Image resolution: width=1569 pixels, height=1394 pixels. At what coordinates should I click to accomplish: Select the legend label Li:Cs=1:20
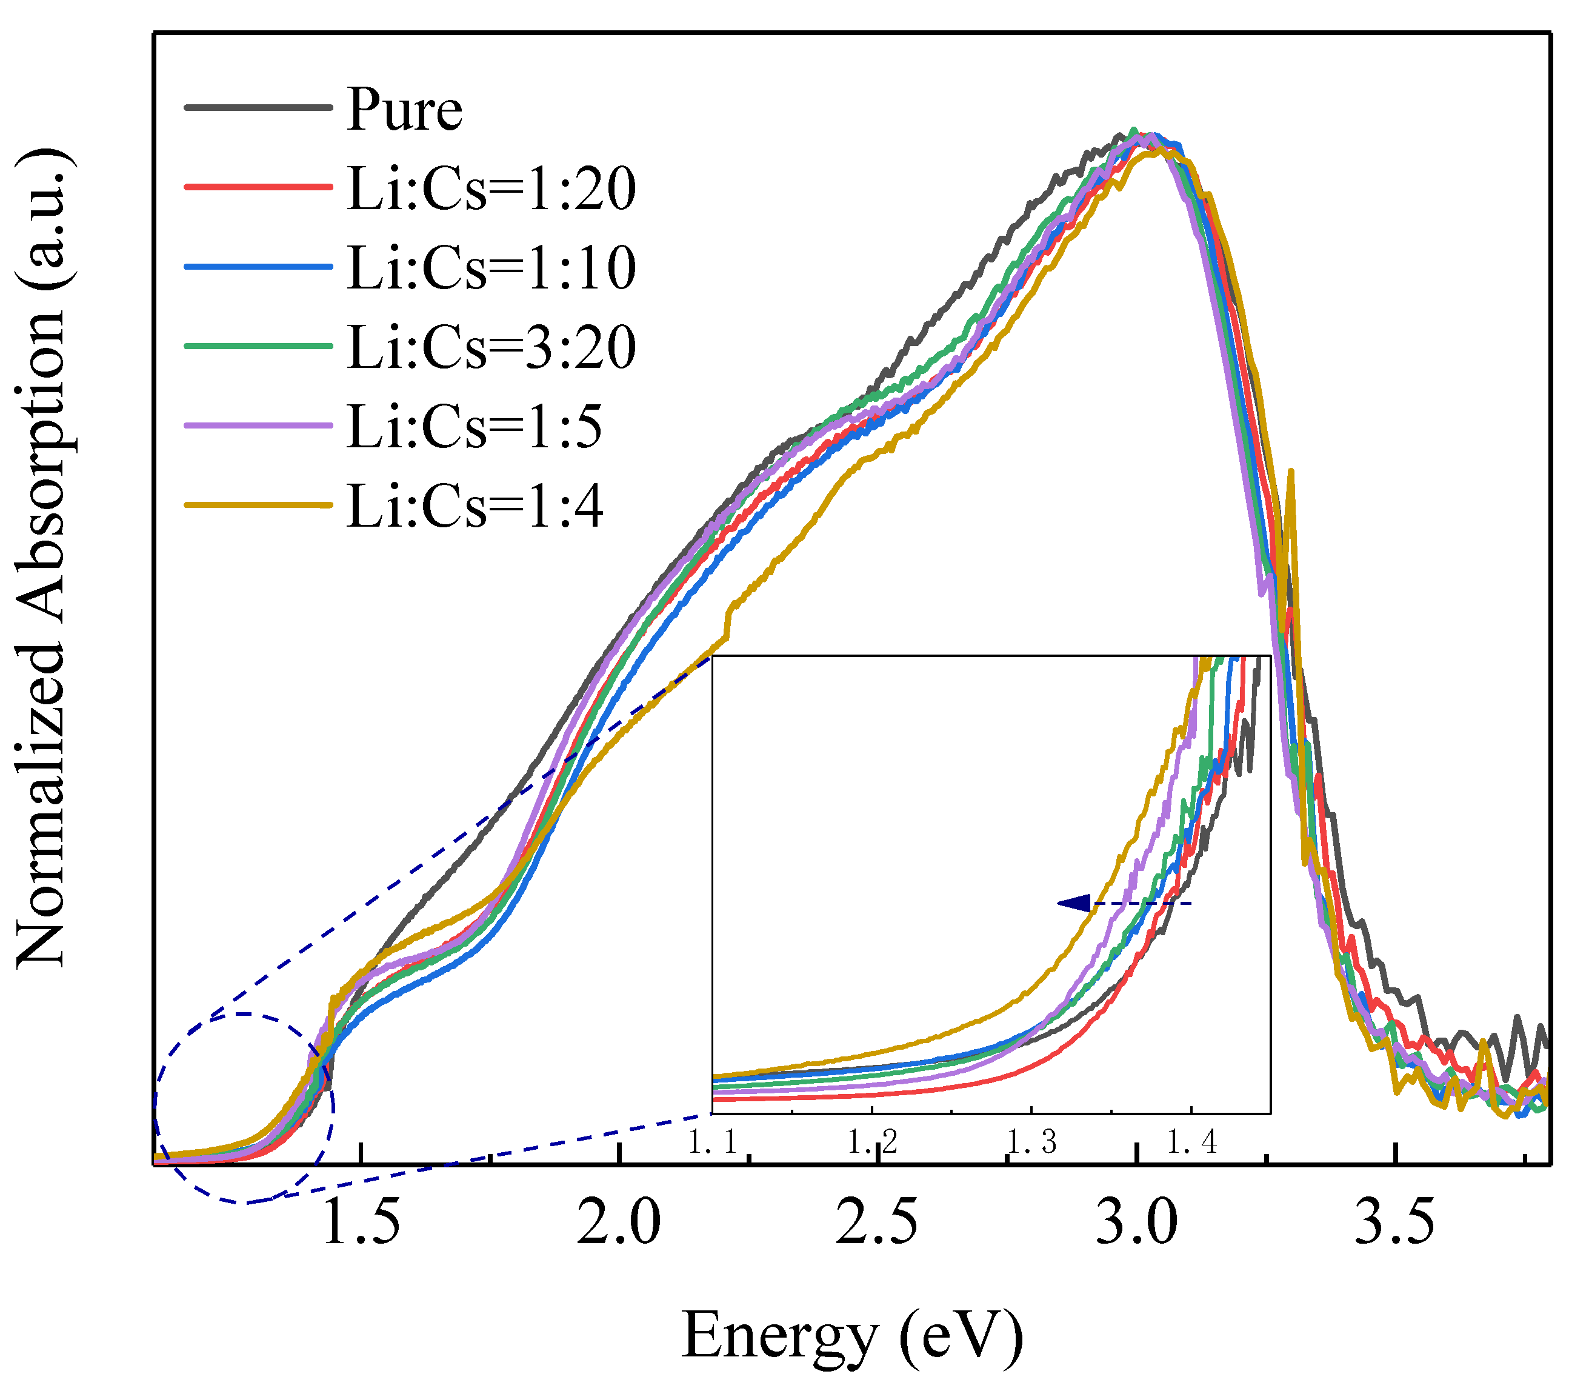coord(491,189)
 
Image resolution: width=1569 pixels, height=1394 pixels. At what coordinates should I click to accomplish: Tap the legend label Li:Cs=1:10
coord(491,268)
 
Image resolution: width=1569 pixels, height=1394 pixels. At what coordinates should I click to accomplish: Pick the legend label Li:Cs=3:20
coord(491,348)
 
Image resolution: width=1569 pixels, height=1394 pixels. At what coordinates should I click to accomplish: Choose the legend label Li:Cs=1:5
coord(475,427)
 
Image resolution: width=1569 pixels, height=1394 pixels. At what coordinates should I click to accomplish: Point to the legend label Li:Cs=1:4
coord(475,507)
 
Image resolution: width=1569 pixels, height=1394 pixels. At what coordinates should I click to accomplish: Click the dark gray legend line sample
coord(259,108)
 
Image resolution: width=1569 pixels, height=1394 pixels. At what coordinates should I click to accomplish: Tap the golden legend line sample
coord(259,505)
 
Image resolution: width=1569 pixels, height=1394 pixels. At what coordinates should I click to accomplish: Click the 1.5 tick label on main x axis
coord(361,1222)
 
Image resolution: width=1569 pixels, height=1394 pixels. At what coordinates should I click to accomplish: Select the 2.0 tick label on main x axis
coord(619,1222)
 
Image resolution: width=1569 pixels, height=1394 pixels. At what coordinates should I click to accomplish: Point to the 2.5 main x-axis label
coord(876,1222)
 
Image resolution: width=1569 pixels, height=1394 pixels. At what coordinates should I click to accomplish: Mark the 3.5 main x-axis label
coord(1394,1222)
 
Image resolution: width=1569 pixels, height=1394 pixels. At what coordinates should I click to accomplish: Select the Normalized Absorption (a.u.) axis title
coord(42,559)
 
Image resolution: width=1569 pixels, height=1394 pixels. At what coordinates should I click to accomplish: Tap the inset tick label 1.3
coord(1031,1143)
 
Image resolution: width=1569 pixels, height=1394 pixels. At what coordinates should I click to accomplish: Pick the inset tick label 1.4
coord(1191,1143)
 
